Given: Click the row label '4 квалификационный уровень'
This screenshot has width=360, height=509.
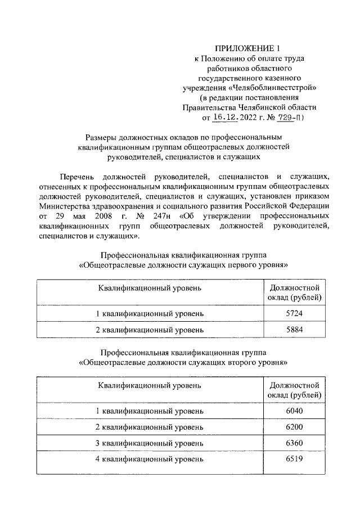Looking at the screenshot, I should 149,460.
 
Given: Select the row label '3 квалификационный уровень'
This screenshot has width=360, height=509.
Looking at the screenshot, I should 149,444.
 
